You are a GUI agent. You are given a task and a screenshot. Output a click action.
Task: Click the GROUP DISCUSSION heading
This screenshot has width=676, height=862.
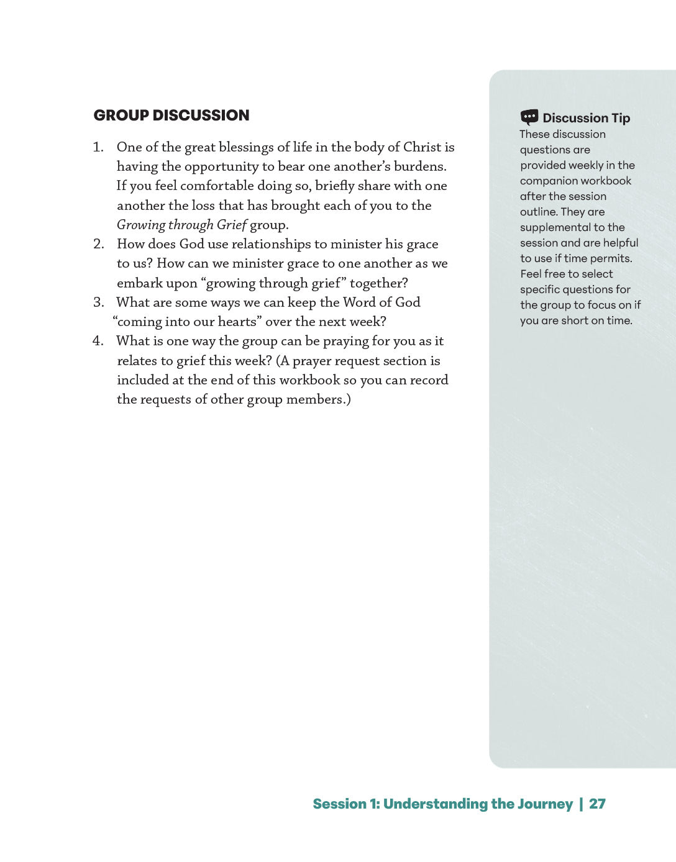(x=171, y=116)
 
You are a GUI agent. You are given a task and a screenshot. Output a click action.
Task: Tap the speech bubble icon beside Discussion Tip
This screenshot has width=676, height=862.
(x=529, y=117)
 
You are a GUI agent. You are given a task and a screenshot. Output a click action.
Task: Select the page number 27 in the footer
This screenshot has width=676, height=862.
(x=597, y=804)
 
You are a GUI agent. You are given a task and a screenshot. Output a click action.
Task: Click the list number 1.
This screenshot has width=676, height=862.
(x=98, y=147)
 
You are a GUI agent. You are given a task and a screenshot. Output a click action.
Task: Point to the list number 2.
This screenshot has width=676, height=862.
(x=98, y=244)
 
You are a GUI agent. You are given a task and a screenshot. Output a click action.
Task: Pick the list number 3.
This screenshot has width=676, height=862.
(x=98, y=302)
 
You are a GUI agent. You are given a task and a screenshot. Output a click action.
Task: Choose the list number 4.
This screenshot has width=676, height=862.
(x=98, y=341)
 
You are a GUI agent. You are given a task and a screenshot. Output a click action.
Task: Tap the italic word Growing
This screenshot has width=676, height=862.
(x=141, y=225)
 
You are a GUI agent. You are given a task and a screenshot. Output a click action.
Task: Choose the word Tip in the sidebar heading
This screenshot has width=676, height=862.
(x=621, y=118)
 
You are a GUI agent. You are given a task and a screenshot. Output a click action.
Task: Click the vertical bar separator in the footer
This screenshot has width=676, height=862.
(x=581, y=804)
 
